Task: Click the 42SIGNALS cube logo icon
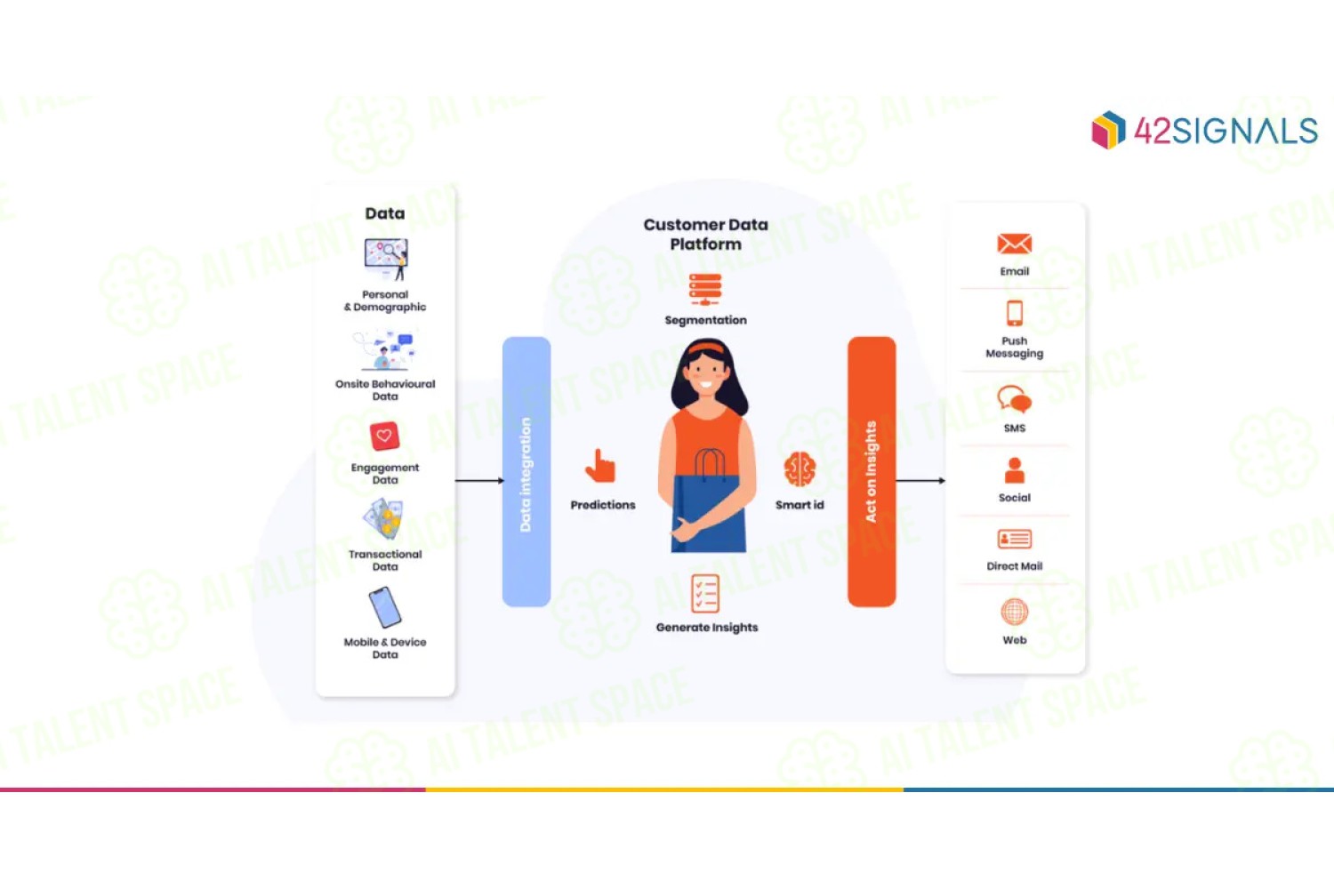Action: click(x=1108, y=130)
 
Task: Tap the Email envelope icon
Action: click(x=1014, y=244)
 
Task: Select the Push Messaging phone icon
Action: click(x=1014, y=313)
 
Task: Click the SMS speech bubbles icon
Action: click(x=1014, y=399)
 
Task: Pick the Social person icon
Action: click(x=1014, y=470)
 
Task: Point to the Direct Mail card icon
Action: click(x=1014, y=539)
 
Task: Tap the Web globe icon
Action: click(x=1014, y=612)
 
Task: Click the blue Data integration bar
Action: click(x=526, y=471)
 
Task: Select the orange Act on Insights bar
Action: click(x=872, y=471)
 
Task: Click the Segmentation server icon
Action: click(x=705, y=290)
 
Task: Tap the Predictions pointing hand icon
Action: click(x=601, y=466)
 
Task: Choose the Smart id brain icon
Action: click(x=800, y=469)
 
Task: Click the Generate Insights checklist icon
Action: click(x=705, y=594)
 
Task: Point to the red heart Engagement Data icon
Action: click(x=384, y=436)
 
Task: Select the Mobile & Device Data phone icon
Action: click(x=385, y=607)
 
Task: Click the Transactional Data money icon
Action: click(x=384, y=519)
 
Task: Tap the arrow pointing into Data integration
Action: click(x=479, y=481)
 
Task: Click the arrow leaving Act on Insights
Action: click(x=920, y=481)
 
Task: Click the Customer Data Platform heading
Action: click(x=706, y=235)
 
